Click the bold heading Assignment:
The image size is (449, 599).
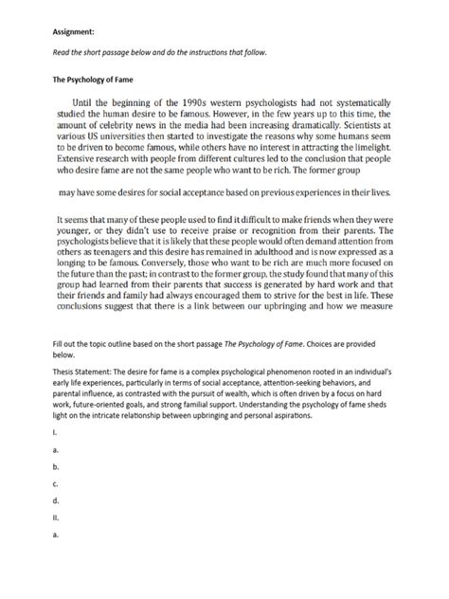74,31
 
